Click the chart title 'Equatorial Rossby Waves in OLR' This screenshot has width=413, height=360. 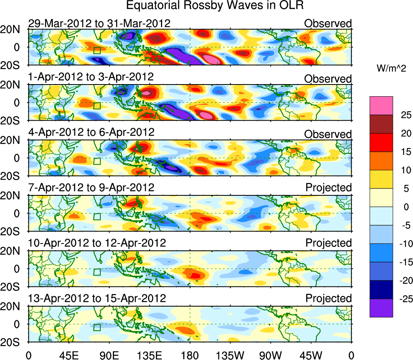click(x=215, y=6)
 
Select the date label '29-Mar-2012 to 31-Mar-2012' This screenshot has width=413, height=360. click(x=99, y=23)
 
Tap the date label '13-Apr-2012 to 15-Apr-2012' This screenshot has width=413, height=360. click(x=97, y=299)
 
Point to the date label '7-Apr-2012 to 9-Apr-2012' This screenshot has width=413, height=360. click(x=91, y=188)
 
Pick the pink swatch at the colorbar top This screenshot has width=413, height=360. click(x=381, y=106)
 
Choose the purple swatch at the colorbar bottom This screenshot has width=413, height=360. click(x=381, y=308)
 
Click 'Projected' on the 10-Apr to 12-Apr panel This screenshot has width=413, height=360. click(x=328, y=243)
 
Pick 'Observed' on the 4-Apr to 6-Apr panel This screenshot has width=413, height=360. click(x=328, y=134)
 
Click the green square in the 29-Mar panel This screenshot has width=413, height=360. click(x=97, y=51)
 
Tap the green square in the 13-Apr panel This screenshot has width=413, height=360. click(x=97, y=327)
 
